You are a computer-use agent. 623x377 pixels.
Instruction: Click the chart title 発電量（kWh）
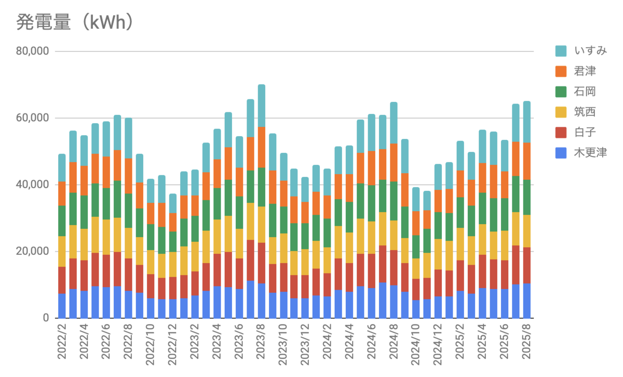coord(76,21)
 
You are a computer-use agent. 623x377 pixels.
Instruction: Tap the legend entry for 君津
coord(585,71)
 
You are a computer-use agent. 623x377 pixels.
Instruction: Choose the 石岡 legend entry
coord(585,92)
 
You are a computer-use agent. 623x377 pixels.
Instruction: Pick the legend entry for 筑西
coord(585,112)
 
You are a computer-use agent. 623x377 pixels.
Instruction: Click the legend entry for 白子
coord(585,133)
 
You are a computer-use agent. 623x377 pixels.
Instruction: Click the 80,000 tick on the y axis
coord(32,51)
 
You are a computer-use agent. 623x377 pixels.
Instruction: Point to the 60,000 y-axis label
coord(32,118)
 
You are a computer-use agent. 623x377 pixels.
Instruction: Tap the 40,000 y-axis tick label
coord(32,185)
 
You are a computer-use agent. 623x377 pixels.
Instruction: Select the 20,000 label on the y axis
coord(32,251)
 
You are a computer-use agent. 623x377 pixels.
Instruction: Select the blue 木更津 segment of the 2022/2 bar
coord(62,306)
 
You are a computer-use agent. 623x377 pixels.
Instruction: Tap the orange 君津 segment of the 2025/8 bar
coord(527,161)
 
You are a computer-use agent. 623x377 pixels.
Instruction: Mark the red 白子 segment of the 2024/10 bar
coord(416,289)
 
